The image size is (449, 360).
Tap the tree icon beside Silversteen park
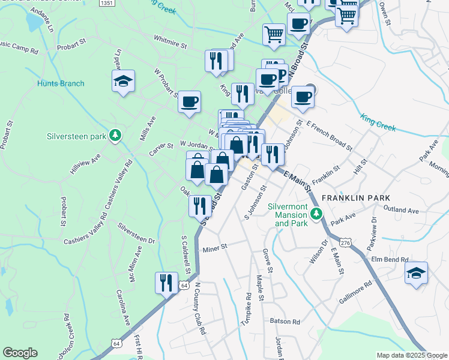[114, 136]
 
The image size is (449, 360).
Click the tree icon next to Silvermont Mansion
[316, 213]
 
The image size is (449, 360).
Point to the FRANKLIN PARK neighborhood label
[356, 197]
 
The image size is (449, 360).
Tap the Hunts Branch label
[60, 83]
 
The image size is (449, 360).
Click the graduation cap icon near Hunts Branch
[123, 81]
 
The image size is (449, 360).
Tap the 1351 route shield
[106, 4]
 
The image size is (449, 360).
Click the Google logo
[19, 353]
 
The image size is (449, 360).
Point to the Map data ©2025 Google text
[411, 355]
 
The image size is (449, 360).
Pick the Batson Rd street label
[285, 321]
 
